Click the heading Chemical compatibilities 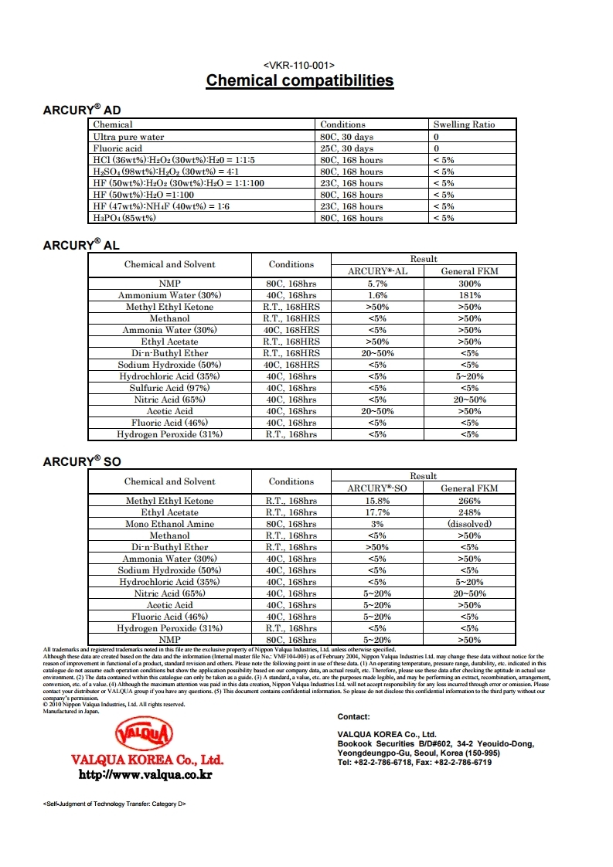point(299,80)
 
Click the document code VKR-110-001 point(299,65)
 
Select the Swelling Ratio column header point(464,124)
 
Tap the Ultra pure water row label point(128,137)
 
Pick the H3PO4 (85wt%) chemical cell point(124,218)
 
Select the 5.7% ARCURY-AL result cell point(377,284)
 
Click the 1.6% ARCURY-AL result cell point(377,295)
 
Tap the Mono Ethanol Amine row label point(169,524)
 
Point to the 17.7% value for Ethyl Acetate point(377,512)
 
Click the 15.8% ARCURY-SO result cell point(377,501)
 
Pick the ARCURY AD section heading point(81,110)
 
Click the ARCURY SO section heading point(82,462)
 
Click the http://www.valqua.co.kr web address point(146,774)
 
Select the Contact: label point(353,717)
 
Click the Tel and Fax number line point(414,762)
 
